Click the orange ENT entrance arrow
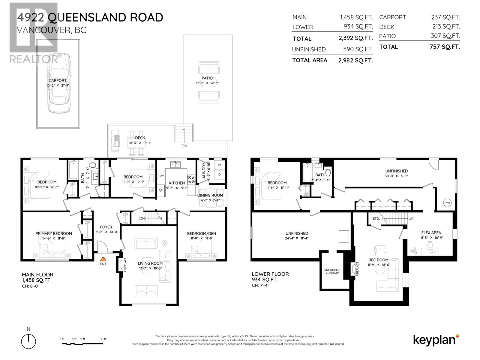(x=103, y=259)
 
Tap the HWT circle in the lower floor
(x=447, y=203)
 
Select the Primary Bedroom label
(x=54, y=233)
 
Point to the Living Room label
(x=150, y=263)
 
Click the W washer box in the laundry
(x=219, y=165)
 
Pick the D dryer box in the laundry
(x=219, y=174)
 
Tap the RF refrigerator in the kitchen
(x=160, y=190)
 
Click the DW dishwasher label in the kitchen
(x=161, y=176)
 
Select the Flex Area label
(x=431, y=233)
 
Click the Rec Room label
(x=378, y=260)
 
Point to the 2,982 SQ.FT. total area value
(x=355, y=60)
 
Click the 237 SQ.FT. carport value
(x=445, y=17)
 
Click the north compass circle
(x=28, y=341)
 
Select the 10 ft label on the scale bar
(x=103, y=339)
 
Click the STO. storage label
(x=376, y=218)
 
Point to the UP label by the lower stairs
(x=411, y=218)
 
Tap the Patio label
(x=207, y=78)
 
